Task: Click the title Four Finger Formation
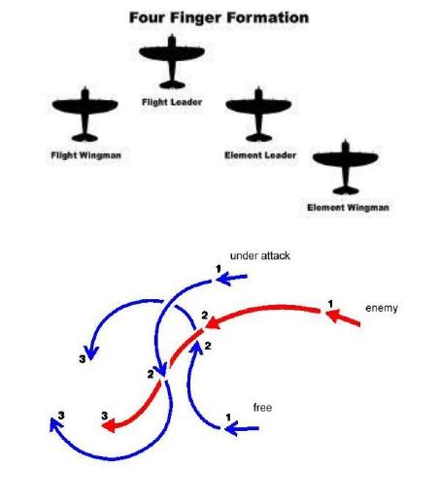pyautogui.click(x=219, y=17)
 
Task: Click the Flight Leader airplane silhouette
pyautogui.click(x=172, y=61)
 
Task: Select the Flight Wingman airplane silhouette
pyautogui.click(x=84, y=115)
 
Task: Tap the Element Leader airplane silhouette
pyautogui.click(x=258, y=115)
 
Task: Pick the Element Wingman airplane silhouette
pyautogui.click(x=346, y=167)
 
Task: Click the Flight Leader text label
pyautogui.click(x=172, y=102)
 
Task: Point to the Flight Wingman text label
pyautogui.click(x=86, y=155)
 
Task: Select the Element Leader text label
pyautogui.click(x=260, y=155)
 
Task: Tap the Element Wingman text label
pyautogui.click(x=348, y=208)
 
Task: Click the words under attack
pyautogui.click(x=260, y=256)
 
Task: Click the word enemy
pyautogui.click(x=382, y=308)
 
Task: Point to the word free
pyautogui.click(x=262, y=407)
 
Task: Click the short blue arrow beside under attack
pyautogui.click(x=232, y=278)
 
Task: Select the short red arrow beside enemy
pyautogui.click(x=343, y=317)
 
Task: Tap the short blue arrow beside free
pyautogui.click(x=242, y=429)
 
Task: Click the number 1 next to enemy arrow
pyautogui.click(x=330, y=304)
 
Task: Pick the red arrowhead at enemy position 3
pyautogui.click(x=109, y=425)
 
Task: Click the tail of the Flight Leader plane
pyautogui.click(x=172, y=84)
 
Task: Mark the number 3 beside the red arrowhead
pyautogui.click(x=104, y=416)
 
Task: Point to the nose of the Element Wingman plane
pyautogui.click(x=346, y=142)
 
